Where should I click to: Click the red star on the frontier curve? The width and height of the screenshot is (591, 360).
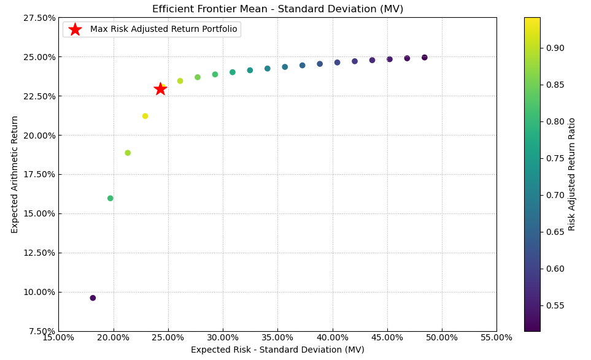[x=160, y=89]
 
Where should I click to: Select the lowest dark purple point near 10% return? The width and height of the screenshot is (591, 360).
[x=93, y=298]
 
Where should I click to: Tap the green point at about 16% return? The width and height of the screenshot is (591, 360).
[x=110, y=198]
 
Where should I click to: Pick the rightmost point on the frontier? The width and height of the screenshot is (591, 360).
[x=424, y=58]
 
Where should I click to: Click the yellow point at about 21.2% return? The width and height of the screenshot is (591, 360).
[x=145, y=116]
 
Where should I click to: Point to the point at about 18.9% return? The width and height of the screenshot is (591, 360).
[x=128, y=153]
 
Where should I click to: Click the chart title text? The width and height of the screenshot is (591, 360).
[x=277, y=9]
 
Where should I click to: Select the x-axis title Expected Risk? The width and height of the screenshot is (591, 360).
[x=277, y=350]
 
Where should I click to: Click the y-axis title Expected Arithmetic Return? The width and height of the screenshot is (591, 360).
[x=15, y=174]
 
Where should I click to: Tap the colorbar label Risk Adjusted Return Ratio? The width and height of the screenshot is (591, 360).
[x=572, y=174]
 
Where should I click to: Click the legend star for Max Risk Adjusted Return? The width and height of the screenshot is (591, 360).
[x=75, y=29]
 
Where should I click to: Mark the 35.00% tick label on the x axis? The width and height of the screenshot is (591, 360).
[x=277, y=337]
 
